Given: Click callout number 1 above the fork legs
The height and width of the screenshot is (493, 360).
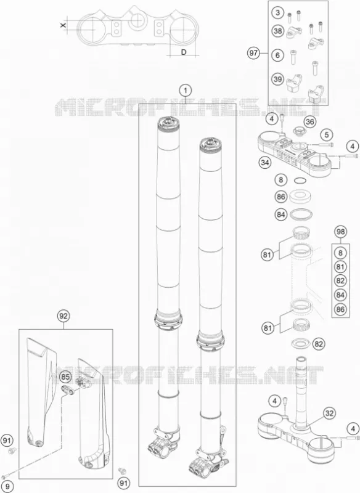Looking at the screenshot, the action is [x=186, y=91].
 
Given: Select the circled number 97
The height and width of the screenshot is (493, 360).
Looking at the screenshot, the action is [x=253, y=53].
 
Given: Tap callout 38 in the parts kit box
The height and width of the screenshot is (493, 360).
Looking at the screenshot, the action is [x=277, y=31].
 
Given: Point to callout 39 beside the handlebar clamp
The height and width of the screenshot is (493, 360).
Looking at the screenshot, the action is [x=277, y=79].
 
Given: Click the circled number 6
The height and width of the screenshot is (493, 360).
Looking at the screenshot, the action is [x=277, y=55].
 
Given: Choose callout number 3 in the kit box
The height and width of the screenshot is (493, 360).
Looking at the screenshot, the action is [x=277, y=13].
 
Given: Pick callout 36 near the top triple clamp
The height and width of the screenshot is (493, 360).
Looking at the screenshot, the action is [x=309, y=121].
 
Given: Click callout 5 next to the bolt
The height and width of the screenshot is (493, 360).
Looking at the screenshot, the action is [x=327, y=135].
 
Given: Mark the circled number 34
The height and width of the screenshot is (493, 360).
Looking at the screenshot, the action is [x=264, y=163].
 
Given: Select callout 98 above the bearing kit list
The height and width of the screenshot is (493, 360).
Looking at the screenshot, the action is [x=340, y=232].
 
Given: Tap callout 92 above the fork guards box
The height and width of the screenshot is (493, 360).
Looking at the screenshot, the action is [x=63, y=316].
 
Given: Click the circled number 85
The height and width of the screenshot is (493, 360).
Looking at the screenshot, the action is [x=66, y=377].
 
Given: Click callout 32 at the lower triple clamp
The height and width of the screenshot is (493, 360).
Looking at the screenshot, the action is [x=329, y=413].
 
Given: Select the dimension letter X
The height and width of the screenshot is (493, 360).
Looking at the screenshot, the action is [x=63, y=25].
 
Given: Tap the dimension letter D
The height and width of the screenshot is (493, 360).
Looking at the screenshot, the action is [x=184, y=52].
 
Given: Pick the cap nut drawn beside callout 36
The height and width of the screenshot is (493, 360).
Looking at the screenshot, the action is [x=298, y=130].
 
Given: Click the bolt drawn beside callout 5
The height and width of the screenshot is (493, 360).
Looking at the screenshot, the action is [x=326, y=145].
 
